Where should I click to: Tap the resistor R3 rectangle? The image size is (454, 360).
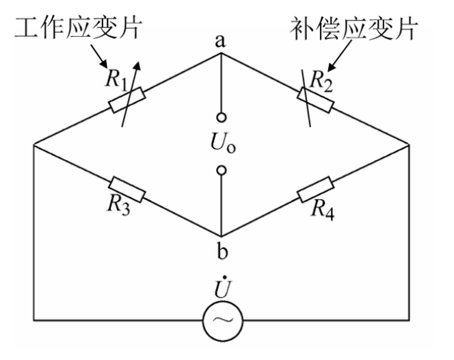[127, 189]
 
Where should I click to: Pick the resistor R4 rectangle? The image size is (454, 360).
[315, 189]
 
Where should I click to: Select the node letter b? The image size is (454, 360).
[220, 251]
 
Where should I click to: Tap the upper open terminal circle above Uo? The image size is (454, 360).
[221, 116]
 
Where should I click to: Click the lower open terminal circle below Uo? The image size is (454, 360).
[221, 170]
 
